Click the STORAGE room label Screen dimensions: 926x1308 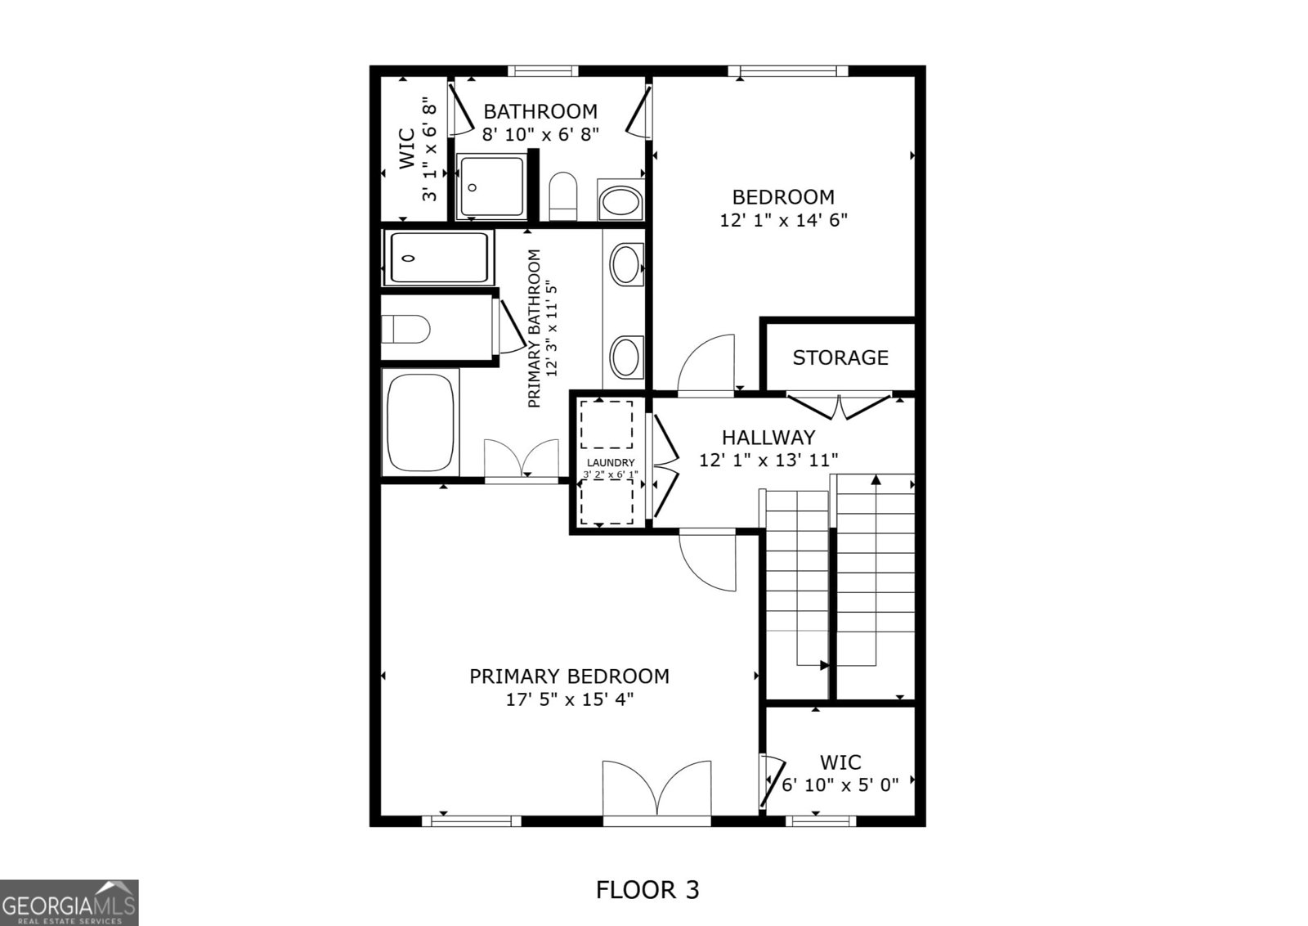[840, 357]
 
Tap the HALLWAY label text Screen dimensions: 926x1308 [768, 438]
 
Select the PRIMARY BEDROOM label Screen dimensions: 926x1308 [569, 677]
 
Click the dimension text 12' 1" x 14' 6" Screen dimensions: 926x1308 [783, 220]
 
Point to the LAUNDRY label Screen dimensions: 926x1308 [610, 463]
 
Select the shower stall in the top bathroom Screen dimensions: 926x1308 [491, 187]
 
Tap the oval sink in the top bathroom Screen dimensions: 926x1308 [620, 201]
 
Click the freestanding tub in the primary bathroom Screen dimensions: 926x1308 [420, 422]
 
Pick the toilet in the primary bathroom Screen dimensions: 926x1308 [406, 329]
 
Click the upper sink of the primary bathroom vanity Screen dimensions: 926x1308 [626, 264]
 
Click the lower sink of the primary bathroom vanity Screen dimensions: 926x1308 [626, 357]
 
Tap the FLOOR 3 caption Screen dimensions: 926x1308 [647, 889]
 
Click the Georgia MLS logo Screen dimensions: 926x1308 [69, 903]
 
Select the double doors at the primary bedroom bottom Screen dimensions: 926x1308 [656, 790]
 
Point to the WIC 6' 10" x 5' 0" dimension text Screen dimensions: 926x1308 [840, 785]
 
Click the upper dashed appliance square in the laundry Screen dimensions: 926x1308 [606, 425]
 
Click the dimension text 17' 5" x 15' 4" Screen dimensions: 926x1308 [569, 699]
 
